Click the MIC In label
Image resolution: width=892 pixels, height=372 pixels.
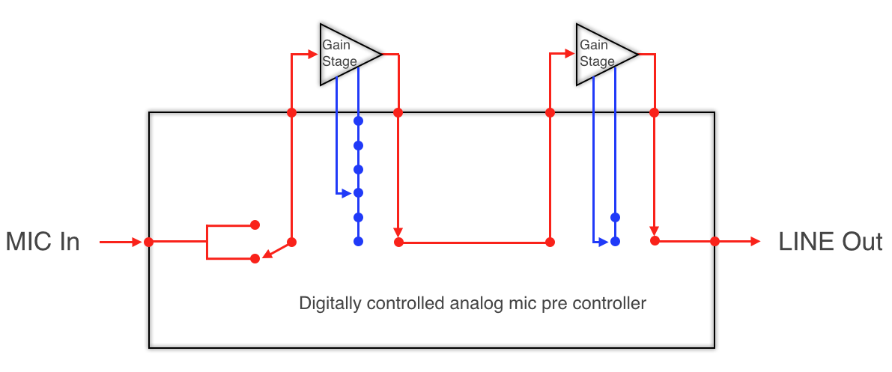(42, 242)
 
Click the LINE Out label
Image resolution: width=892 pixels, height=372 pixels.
(830, 242)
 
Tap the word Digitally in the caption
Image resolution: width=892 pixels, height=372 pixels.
(327, 304)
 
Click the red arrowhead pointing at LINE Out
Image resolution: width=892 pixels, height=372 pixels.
(755, 242)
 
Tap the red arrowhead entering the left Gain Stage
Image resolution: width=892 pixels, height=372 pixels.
(313, 53)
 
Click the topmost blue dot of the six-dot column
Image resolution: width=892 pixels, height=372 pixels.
(358, 121)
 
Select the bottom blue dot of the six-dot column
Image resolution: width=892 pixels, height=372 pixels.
(358, 241)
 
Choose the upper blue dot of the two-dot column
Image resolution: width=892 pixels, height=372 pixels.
(615, 217)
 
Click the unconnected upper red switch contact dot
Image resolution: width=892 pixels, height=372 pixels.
(255, 224)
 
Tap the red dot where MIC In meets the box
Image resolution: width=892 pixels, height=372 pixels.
(149, 242)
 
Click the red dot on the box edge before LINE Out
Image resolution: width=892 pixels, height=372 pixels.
(714, 241)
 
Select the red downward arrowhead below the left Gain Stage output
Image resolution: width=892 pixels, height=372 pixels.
(398, 231)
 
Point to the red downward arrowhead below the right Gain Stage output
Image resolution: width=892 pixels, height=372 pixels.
(655, 230)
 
